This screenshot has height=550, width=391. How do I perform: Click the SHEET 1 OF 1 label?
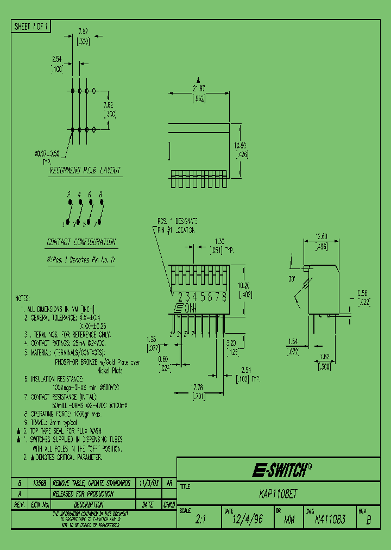pyautogui.click(x=31, y=27)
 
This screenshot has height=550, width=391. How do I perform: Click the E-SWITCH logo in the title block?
pyautogui.click(x=281, y=471)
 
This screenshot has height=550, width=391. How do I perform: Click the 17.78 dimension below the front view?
pyautogui.click(x=197, y=387)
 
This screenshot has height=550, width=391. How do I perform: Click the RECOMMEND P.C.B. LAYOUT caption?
pyautogui.click(x=85, y=170)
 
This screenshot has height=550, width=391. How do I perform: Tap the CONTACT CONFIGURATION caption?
pyautogui.click(x=81, y=242)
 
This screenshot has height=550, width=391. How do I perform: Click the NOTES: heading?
pyautogui.click(x=23, y=298)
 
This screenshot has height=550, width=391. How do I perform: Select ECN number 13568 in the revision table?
pyautogui.click(x=40, y=483)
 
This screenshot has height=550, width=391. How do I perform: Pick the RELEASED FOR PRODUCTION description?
pyautogui.click(x=83, y=494)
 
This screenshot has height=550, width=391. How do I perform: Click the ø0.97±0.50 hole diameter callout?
pyautogui.click(x=47, y=154)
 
